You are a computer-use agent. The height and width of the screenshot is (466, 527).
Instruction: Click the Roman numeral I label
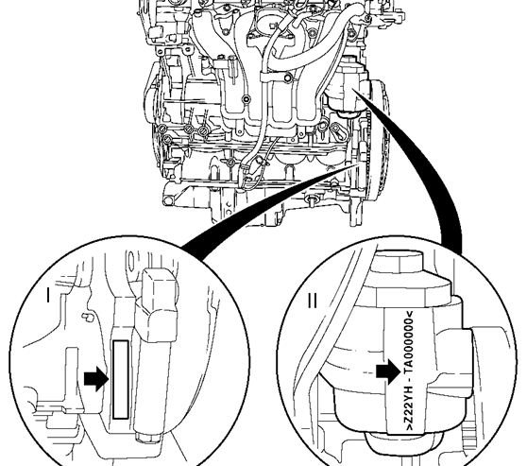(48, 295)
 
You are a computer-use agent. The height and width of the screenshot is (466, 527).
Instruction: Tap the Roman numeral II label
(313, 301)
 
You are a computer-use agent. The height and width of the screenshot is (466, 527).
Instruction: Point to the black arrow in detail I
(96, 379)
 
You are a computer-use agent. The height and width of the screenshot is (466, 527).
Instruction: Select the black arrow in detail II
(388, 371)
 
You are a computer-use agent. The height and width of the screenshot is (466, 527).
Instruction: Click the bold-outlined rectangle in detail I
(121, 380)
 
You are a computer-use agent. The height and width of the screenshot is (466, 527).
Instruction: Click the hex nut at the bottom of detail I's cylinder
(149, 438)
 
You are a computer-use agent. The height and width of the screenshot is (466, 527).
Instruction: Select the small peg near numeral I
(88, 317)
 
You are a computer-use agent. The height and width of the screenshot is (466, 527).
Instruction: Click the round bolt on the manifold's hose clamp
(288, 78)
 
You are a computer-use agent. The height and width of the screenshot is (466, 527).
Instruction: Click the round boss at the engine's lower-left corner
(168, 201)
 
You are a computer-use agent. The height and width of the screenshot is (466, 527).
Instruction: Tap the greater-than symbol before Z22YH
(410, 427)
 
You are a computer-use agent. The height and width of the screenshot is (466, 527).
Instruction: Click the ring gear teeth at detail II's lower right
(468, 437)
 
